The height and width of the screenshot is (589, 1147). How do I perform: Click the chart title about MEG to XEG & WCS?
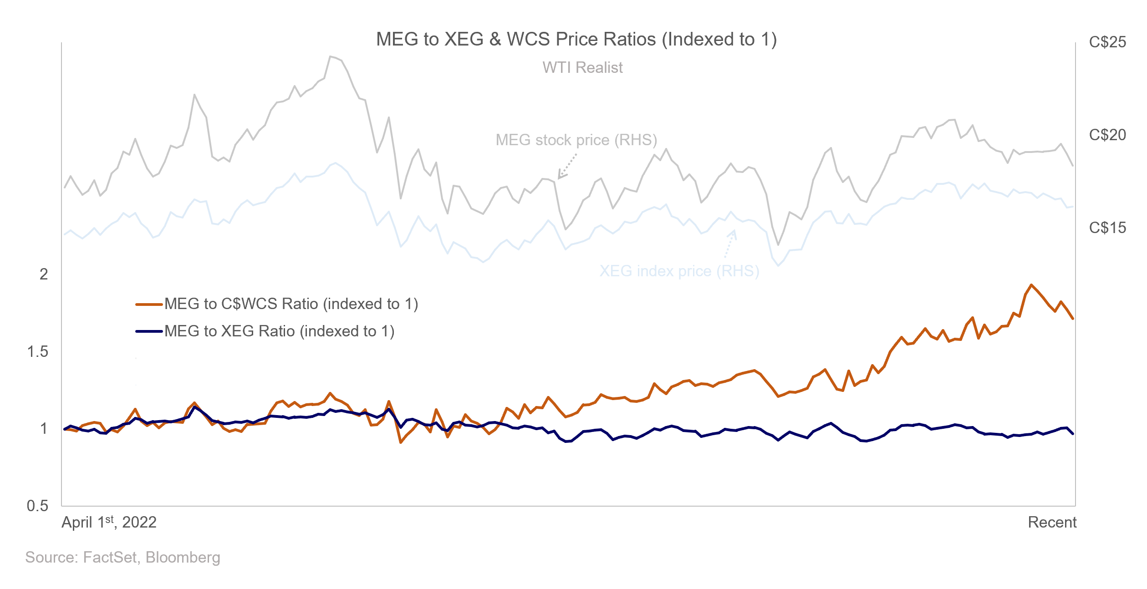(576, 40)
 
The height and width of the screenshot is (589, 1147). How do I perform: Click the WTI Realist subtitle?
(582, 67)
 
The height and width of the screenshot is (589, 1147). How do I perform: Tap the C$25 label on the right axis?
(1107, 42)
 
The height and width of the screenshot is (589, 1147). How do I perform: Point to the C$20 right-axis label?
(1107, 135)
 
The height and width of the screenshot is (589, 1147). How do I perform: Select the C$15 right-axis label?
(1107, 228)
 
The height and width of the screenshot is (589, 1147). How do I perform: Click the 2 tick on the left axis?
(44, 274)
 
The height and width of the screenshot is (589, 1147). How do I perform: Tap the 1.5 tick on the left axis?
(38, 351)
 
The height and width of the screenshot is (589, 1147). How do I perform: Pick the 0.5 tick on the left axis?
(38, 506)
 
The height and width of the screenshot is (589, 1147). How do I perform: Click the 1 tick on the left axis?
(44, 429)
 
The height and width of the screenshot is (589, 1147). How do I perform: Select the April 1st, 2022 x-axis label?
(109, 522)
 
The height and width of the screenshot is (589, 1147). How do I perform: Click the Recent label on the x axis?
(1052, 522)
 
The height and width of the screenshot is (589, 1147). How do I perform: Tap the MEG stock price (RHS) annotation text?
(576, 140)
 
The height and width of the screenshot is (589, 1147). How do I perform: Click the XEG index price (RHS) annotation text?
(679, 271)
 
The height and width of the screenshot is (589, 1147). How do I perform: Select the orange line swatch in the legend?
(149, 304)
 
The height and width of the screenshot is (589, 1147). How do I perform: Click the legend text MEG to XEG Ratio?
(279, 331)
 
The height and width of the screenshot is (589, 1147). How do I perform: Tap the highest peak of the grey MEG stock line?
(331, 57)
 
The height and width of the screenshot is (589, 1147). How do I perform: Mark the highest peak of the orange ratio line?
(1031, 285)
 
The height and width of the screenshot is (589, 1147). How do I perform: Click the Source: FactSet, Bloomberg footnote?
(122, 557)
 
